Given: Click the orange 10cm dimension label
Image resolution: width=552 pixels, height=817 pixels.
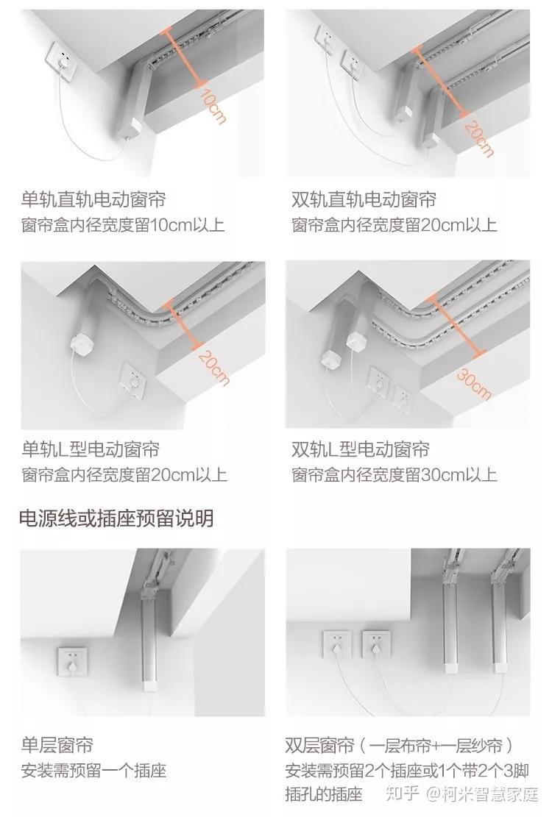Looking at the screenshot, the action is (213, 107).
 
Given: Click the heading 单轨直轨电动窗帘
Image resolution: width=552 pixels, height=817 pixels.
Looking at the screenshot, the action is (93, 199).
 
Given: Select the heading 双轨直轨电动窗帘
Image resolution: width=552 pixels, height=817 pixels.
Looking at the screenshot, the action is (364, 199).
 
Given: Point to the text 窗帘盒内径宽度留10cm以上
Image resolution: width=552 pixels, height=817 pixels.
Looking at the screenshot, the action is (123, 225).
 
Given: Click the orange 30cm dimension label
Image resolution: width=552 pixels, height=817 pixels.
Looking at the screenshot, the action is (474, 383).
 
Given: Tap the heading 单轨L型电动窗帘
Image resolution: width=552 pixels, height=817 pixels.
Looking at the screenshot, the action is (91, 449).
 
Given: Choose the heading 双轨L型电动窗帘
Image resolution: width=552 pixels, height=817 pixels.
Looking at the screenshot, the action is (361, 449).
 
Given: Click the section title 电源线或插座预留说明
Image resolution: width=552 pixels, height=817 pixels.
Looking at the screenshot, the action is (116, 518).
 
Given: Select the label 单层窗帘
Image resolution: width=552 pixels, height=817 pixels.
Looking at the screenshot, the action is (57, 745).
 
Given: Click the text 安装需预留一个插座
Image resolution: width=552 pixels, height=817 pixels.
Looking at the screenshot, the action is (93, 771).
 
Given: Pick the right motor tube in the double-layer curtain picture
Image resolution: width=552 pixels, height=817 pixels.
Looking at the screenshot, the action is (499, 620).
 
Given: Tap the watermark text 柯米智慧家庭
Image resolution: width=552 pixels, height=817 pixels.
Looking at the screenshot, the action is (490, 794).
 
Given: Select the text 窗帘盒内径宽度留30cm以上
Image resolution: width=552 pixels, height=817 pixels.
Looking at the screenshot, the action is (394, 474).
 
